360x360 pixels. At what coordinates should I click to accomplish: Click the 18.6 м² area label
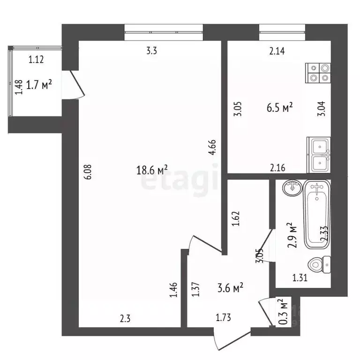[152, 170]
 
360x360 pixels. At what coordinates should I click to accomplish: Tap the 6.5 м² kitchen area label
[280, 107]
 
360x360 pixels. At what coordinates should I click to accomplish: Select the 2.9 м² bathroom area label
[292, 235]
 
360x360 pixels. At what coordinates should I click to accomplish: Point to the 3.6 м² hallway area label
[230, 288]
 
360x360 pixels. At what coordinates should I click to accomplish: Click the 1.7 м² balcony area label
[39, 84]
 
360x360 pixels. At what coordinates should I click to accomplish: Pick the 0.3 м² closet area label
[284, 312]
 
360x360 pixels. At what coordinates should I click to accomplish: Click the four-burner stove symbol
[318, 73]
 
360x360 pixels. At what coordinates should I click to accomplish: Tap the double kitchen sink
[319, 155]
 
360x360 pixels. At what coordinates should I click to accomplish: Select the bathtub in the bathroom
[317, 214]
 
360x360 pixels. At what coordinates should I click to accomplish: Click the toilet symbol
[319, 265]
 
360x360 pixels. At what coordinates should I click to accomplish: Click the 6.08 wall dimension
[89, 172]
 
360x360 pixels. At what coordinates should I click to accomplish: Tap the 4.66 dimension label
[212, 147]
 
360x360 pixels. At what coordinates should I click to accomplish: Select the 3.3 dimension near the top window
[152, 51]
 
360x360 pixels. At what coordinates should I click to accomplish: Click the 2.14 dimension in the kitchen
[277, 51]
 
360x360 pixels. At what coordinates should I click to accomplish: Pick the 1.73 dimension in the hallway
[224, 317]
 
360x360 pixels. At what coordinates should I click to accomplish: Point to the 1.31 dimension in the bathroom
[300, 278]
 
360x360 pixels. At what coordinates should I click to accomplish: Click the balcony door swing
[77, 84]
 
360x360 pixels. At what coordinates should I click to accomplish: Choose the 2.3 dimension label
[125, 318]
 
